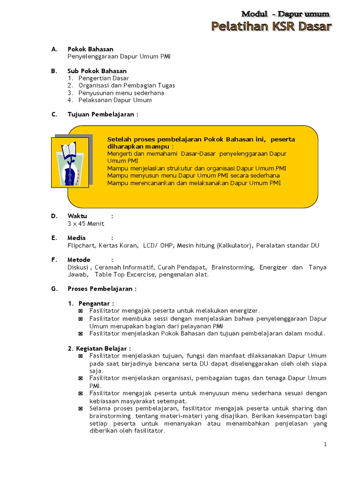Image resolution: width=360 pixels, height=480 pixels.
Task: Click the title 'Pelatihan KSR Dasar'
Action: [271, 27]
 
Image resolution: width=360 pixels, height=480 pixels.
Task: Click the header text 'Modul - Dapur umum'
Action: [285, 14]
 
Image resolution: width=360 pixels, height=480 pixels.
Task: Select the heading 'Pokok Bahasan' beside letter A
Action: [90, 49]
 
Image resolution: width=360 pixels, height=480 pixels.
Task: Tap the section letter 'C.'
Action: [54, 115]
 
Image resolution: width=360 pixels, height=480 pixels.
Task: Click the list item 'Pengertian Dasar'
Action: [104, 78]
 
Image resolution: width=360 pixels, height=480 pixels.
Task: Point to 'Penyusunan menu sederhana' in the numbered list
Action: [121, 93]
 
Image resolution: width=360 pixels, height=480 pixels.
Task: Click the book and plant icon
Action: [69, 161]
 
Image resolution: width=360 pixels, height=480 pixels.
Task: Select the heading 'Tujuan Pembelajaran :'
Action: [103, 115]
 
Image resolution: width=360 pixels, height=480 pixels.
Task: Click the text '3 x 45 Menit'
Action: [86, 224]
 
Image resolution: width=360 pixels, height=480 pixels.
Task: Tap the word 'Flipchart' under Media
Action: [81, 245]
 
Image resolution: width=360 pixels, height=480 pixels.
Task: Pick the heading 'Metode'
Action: [79, 260]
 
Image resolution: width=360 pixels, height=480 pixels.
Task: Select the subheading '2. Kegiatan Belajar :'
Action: [99, 348]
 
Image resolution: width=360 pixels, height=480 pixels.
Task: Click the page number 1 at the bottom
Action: [325, 444]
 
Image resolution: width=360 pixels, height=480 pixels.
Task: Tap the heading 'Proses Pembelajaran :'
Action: [102, 289]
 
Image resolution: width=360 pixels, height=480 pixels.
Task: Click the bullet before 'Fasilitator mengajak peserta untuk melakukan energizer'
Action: [81, 311]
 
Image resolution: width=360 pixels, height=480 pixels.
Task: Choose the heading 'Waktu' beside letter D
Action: [77, 216]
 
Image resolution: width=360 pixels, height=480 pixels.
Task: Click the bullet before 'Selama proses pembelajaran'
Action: [81, 409]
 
